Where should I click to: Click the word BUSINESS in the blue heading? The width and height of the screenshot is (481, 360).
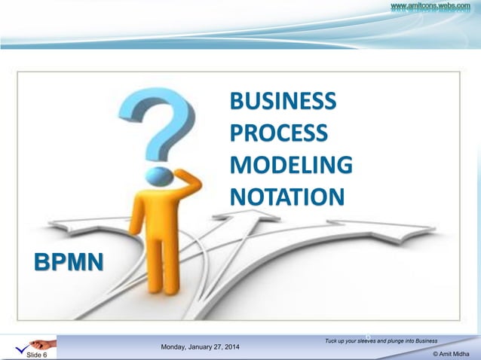(283, 101)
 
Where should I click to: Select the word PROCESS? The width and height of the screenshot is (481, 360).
(279, 133)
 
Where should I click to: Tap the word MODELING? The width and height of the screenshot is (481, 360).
(290, 164)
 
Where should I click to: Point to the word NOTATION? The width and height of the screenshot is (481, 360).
(286, 196)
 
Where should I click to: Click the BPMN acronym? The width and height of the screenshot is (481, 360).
(69, 261)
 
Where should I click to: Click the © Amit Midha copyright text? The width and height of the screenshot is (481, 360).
(454, 353)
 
